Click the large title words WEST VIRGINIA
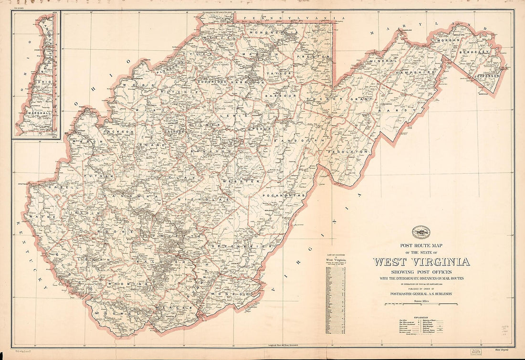421,262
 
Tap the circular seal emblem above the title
421,232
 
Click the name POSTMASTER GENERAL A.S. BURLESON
421,294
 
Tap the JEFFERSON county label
487,75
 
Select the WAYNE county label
39,217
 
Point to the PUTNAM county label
93,176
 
